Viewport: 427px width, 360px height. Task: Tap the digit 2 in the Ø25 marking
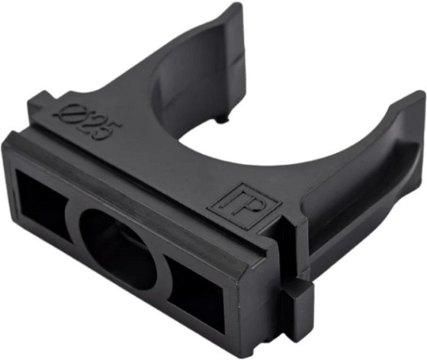(x=86, y=119)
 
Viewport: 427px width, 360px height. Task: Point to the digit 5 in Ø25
(x=107, y=131)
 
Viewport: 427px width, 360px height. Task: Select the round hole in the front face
(x=118, y=249)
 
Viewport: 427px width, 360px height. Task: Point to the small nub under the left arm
(x=222, y=120)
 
